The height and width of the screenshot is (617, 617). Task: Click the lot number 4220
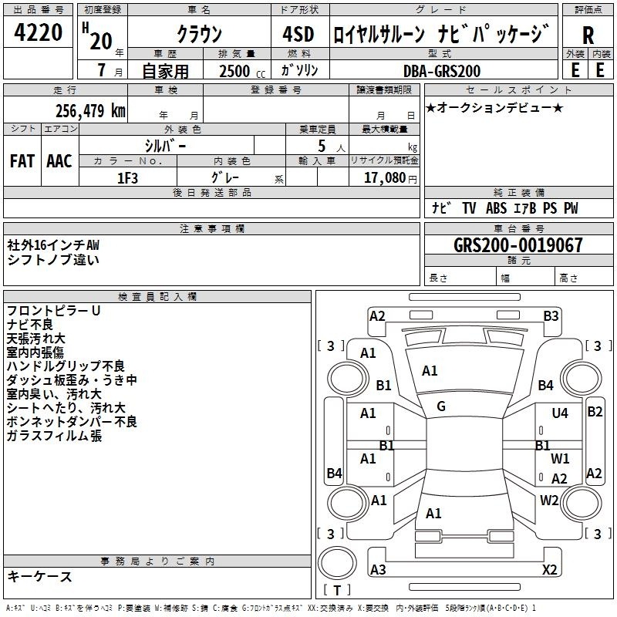[38, 32]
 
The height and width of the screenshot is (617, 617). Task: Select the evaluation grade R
[588, 35]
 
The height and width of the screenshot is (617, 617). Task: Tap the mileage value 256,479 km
[90, 111]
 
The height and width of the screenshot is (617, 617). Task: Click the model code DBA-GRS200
[442, 71]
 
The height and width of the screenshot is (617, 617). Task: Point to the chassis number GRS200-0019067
[518, 245]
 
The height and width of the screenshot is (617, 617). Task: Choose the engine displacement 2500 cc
[242, 71]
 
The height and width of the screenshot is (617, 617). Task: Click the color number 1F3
[127, 178]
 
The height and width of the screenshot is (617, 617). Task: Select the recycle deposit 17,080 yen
[390, 178]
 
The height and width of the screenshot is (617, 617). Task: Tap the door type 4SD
[298, 34]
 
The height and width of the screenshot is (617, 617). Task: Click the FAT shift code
[22, 161]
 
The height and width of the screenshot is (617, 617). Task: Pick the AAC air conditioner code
[59, 161]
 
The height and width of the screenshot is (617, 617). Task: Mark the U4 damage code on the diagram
[560, 413]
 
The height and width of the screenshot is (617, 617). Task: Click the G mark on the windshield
[441, 406]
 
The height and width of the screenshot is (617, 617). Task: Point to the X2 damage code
[549, 569]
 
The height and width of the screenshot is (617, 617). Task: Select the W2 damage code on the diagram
[549, 501]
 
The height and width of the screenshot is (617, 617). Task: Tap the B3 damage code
[551, 316]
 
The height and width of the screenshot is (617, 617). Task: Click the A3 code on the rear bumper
[378, 569]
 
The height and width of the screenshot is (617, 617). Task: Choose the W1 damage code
[560, 458]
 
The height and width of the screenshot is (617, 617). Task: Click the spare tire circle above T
[337, 563]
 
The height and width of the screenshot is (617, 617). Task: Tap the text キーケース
[39, 577]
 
